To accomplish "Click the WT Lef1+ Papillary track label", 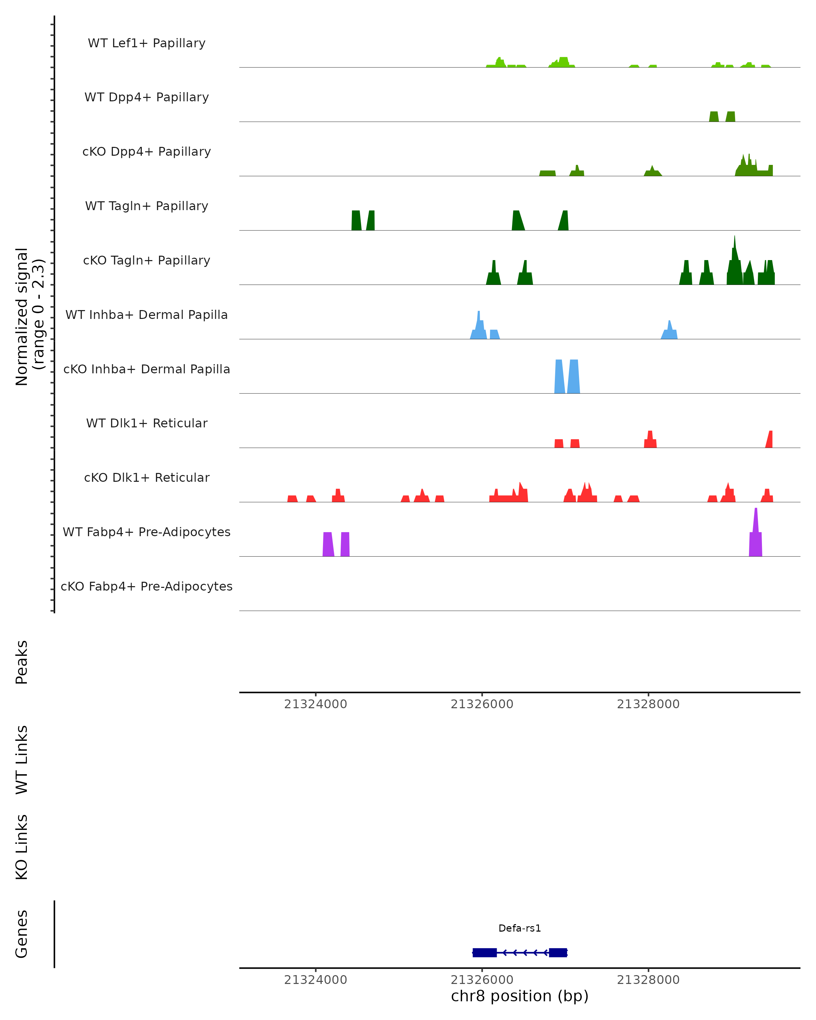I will pyautogui.click(x=147, y=43).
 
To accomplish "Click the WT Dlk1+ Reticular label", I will pyautogui.click(x=147, y=423).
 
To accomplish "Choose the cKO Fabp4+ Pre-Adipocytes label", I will pyautogui.click(x=147, y=586).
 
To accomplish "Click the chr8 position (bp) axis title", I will pyautogui.click(x=520, y=996).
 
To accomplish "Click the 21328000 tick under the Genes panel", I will pyautogui.click(x=648, y=980).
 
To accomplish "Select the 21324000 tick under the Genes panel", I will pyautogui.click(x=316, y=980).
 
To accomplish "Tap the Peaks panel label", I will pyautogui.click(x=22, y=662).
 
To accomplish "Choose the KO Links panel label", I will pyautogui.click(x=22, y=847).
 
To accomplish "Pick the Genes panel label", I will pyautogui.click(x=22, y=934).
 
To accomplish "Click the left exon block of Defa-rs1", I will pyautogui.click(x=485, y=952).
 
